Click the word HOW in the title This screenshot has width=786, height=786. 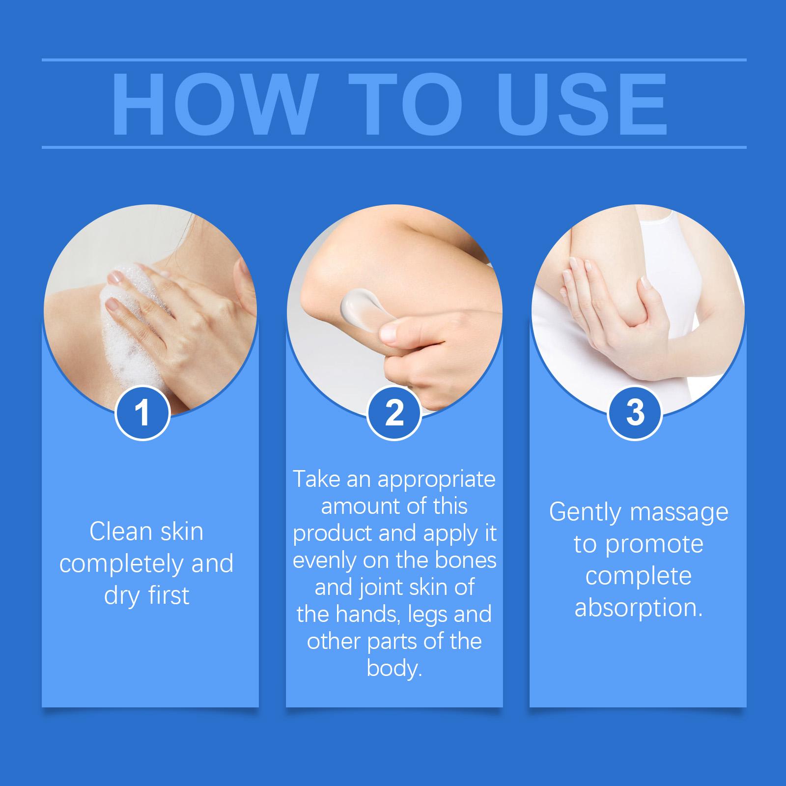pyautogui.click(x=213, y=105)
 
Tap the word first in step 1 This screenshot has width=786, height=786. pyautogui.click(x=168, y=595)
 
